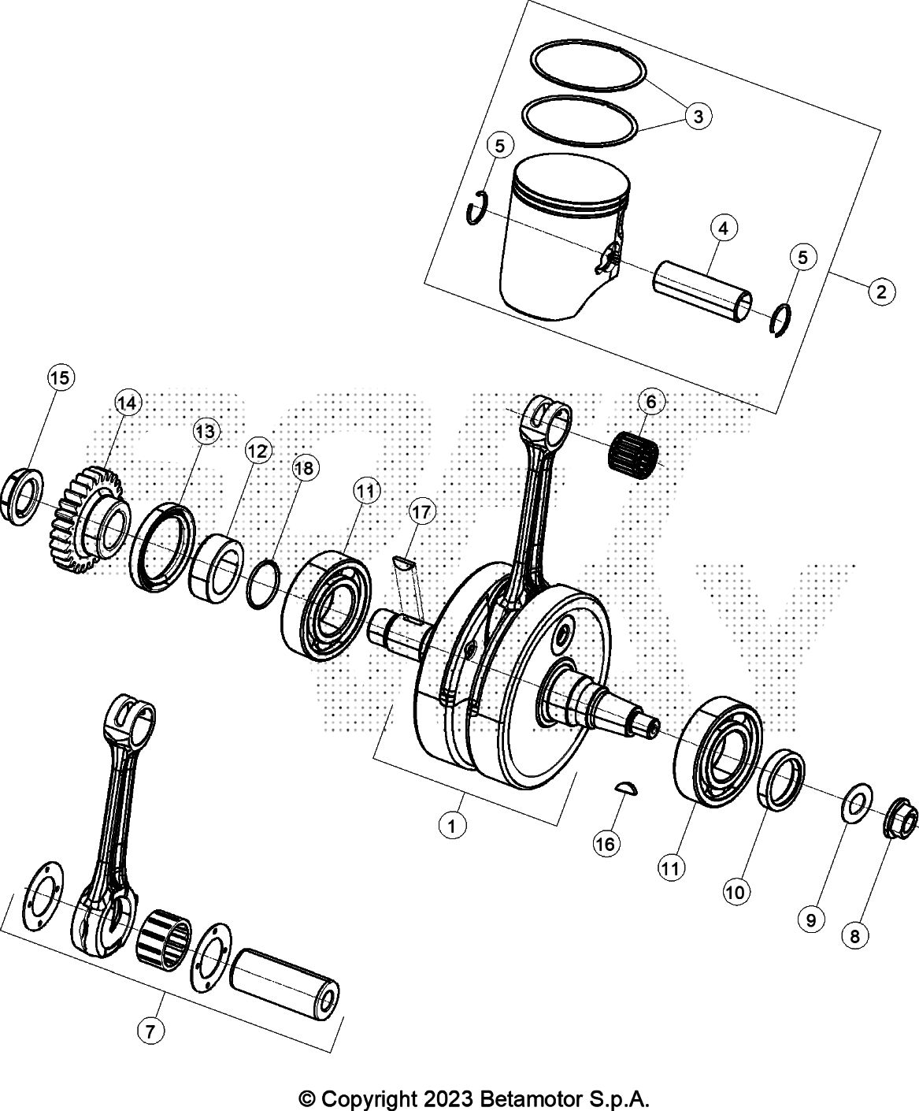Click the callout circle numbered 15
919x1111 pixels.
(x=60, y=378)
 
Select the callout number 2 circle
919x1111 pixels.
(x=881, y=292)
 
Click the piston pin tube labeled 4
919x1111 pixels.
(x=701, y=292)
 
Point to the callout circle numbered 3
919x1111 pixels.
(x=697, y=117)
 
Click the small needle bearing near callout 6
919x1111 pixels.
(x=634, y=455)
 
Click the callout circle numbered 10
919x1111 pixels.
(x=735, y=892)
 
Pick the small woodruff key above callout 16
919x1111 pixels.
(x=627, y=789)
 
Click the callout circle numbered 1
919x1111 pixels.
(x=451, y=827)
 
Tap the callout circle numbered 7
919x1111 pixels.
(x=150, y=1030)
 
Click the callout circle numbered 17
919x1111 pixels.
(x=421, y=512)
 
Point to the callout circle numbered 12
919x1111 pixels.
(x=257, y=451)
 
